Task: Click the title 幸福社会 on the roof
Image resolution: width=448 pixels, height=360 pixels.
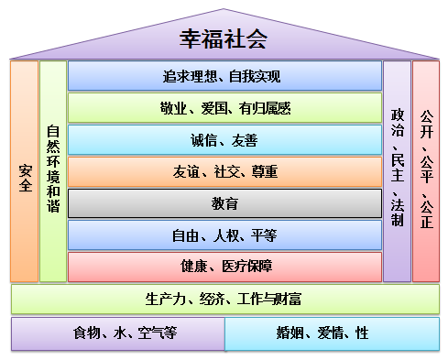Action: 224,38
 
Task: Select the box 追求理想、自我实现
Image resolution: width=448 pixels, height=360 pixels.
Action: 224,76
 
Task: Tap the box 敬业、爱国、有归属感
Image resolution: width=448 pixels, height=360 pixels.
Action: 224,108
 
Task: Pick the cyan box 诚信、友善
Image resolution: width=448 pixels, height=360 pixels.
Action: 224,140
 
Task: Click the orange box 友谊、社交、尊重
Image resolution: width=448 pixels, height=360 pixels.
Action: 224,171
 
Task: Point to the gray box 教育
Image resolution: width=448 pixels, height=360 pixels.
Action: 224,203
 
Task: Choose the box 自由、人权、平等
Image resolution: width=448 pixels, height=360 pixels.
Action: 224,235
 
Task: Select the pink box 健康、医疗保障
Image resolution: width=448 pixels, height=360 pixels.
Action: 224,267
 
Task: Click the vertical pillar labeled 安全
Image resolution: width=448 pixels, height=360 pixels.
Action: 25,171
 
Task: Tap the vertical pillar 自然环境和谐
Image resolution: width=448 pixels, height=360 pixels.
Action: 53,171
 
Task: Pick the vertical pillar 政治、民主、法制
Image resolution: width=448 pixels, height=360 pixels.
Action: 397,171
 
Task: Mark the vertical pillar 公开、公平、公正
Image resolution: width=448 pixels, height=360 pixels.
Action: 425,171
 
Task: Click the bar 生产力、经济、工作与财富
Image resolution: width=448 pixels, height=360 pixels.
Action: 224,300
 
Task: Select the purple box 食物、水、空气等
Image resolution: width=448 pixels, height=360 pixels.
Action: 118,333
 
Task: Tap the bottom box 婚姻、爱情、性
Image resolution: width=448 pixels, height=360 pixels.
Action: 332,333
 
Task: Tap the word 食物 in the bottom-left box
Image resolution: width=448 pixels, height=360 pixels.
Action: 88,333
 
